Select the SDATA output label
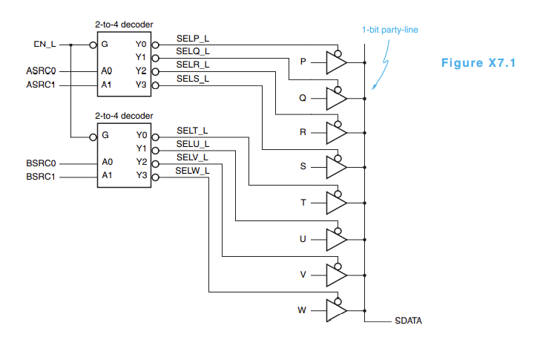[x=408, y=322]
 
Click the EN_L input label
[x=45, y=45]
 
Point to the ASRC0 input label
[x=40, y=71]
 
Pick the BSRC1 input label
[x=40, y=177]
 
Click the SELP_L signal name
[x=192, y=38]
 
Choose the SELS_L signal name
[x=192, y=79]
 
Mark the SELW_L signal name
[x=191, y=171]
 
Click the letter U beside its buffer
[x=303, y=238]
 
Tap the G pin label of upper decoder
[x=105, y=45]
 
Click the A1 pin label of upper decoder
[x=107, y=85]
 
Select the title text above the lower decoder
[x=124, y=116]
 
